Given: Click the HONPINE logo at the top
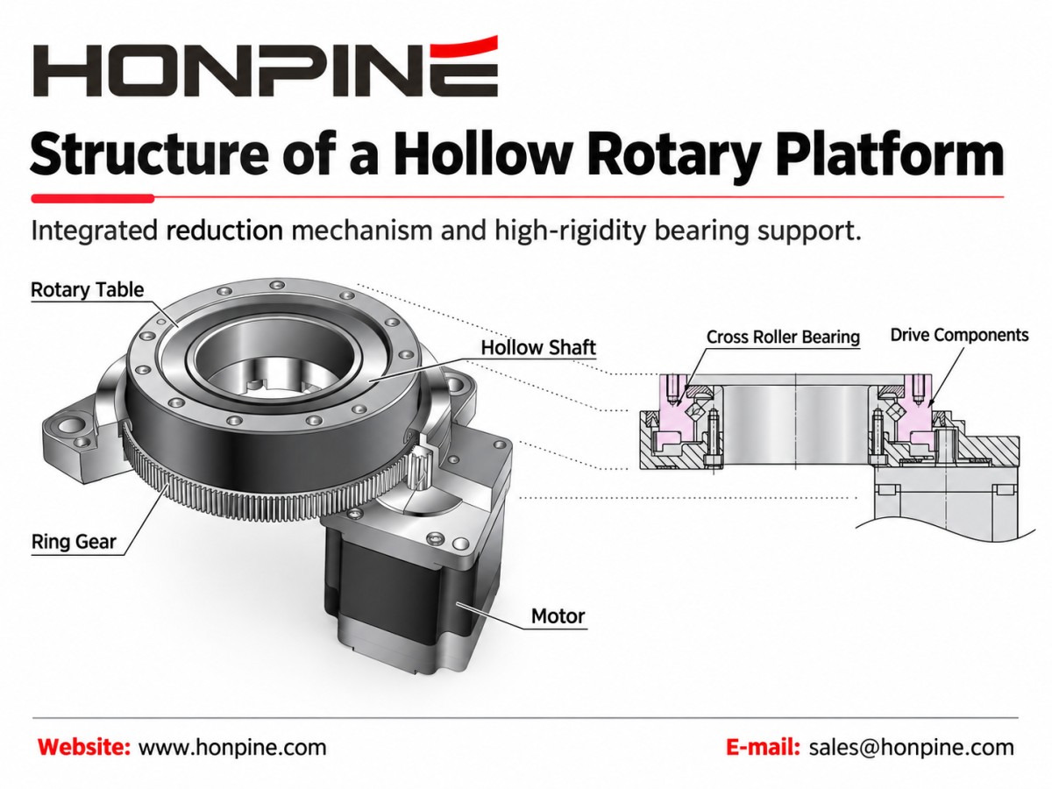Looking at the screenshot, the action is coord(265,67).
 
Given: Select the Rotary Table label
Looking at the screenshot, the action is coord(87,290).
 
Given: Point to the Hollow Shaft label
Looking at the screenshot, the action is coord(538,348).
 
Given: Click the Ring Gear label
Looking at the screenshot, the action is coord(74,542).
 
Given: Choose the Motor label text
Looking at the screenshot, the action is coord(558,616).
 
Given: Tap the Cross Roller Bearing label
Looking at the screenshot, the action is coord(783,337).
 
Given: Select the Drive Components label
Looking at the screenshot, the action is coord(959,335).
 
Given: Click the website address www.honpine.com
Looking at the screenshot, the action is coord(232,748).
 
